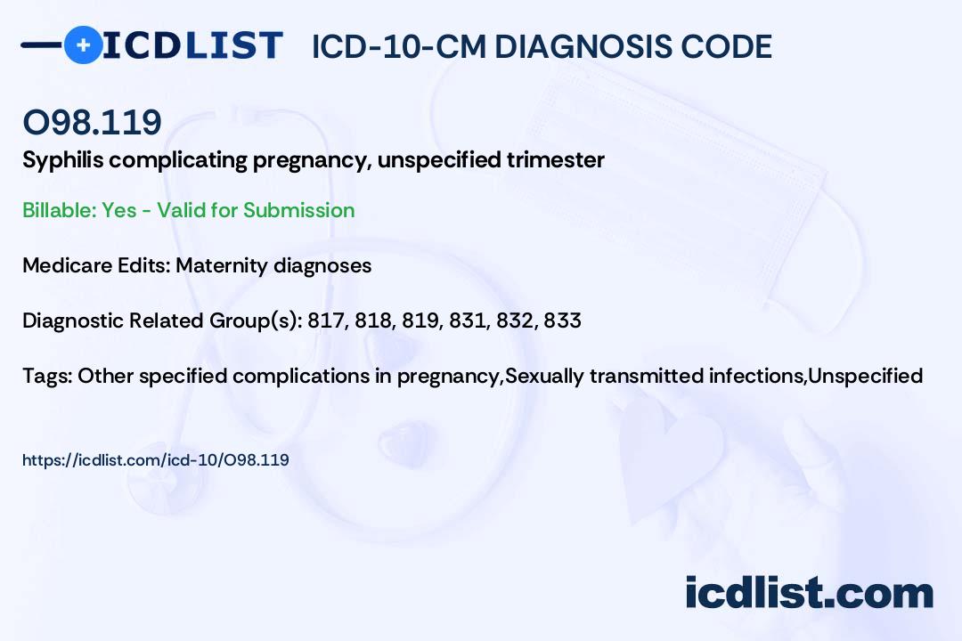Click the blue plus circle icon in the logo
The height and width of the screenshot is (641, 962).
click(x=83, y=45)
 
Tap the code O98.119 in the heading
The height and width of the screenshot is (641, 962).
click(x=92, y=123)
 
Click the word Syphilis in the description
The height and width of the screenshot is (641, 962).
click(x=58, y=160)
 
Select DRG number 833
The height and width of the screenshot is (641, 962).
click(x=562, y=320)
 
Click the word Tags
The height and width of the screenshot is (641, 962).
click(x=45, y=376)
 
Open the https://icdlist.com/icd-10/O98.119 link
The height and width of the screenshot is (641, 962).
click(x=156, y=460)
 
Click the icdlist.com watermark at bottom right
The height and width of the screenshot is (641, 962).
click(x=809, y=592)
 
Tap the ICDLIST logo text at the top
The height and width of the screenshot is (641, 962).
click(x=193, y=45)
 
